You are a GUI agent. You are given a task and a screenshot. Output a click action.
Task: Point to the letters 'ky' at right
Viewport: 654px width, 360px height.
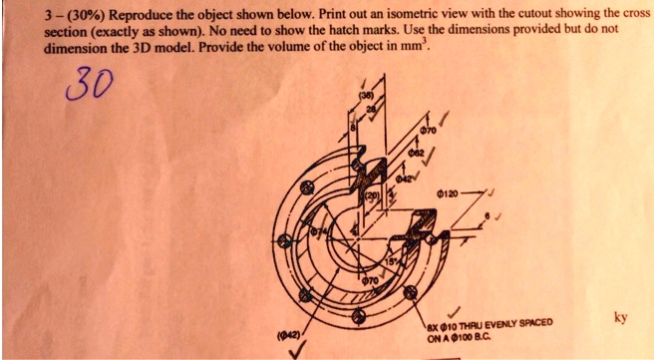[x=620, y=318]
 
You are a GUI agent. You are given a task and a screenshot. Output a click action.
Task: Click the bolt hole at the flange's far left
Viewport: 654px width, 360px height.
[x=284, y=239]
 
